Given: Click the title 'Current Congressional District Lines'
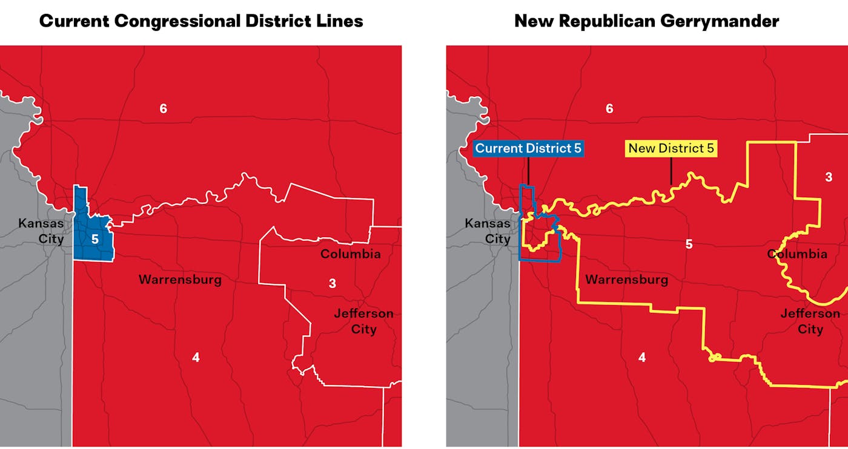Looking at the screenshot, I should pos(201,21).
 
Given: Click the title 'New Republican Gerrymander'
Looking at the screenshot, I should pos(646,21).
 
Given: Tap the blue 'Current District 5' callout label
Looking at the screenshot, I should pos(528,148).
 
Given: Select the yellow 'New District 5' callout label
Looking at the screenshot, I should pos(671,148).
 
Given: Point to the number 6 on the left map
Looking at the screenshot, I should pos(163,109).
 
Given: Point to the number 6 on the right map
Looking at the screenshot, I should pos(609,109).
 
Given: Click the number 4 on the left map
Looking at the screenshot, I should pos(196,358).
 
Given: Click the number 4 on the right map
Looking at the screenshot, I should pos(642,358).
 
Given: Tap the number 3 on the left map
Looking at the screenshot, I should pos(332,283).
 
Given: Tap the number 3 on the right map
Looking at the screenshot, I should pos(829,177).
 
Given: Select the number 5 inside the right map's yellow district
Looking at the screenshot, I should pos(689,244).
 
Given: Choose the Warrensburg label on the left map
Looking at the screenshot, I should pos(180,280).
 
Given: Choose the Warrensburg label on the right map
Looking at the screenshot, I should pos(626,280).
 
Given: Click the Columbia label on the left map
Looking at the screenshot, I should pos(350,254).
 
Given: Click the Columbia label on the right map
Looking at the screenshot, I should pos(797,254).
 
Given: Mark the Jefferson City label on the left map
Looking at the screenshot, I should pos(363,321).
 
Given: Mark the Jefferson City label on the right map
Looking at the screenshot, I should pos(810,321).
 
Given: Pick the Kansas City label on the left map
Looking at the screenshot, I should pos(41,231).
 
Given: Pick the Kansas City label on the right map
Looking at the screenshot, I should pos(488,231).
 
